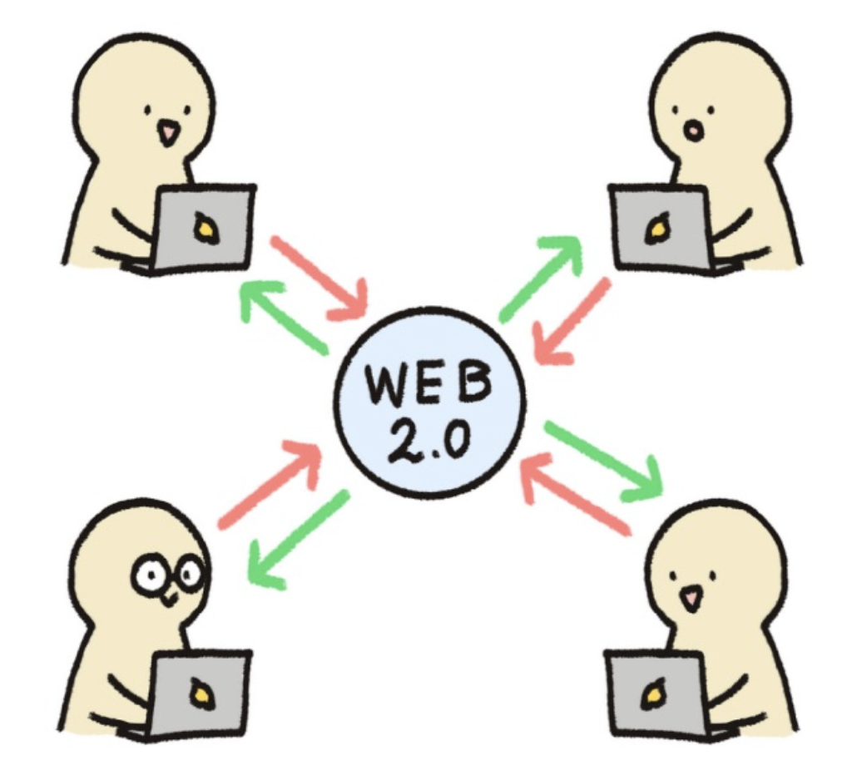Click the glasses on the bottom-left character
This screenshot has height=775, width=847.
(169, 574)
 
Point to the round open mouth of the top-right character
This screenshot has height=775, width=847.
(692, 131)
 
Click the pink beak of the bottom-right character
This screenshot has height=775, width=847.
(690, 597)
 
